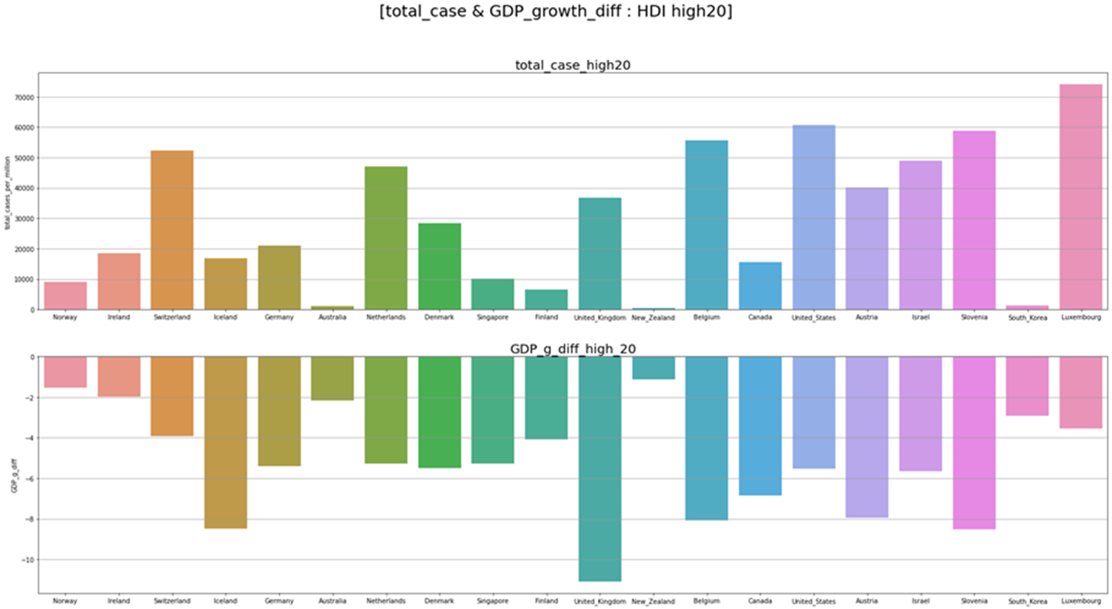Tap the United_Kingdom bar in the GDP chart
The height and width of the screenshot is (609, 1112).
coord(600,469)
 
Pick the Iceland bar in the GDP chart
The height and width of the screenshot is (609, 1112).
coord(226,442)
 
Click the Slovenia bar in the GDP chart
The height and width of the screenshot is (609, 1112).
coord(974,443)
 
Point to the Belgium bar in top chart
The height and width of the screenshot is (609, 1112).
coord(707,225)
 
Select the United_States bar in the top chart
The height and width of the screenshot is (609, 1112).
coord(813,217)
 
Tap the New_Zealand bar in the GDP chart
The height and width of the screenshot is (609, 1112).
coord(653,367)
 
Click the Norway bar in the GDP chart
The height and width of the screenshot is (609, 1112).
coord(66,372)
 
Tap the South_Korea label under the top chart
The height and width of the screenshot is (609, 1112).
coord(1027,318)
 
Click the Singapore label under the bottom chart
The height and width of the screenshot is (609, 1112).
coord(492,601)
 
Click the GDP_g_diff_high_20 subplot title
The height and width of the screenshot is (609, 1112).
coord(572,349)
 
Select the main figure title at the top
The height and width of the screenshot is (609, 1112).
coord(556,12)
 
